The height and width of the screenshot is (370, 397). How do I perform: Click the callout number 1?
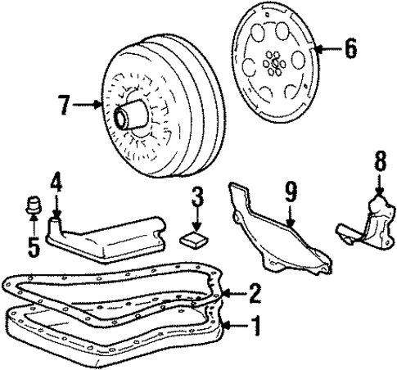(x=255, y=329)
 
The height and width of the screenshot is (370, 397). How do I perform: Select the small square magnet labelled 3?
(x=194, y=239)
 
